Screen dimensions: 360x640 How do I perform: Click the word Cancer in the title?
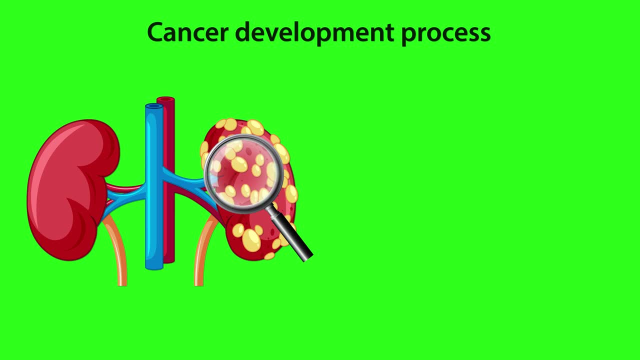click(187, 32)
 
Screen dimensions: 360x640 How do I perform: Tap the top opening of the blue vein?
click(153, 106)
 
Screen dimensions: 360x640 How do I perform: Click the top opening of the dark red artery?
click(166, 99)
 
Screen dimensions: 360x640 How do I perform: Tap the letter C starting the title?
click(155, 33)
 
